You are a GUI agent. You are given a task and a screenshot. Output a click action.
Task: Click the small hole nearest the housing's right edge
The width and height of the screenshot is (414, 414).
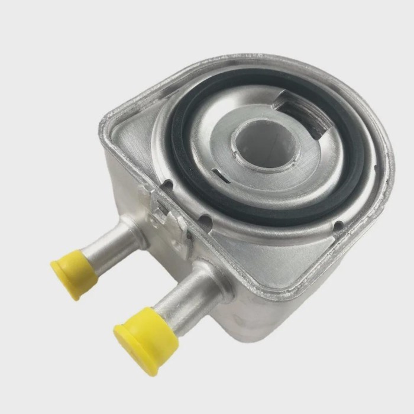tap(337, 225)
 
